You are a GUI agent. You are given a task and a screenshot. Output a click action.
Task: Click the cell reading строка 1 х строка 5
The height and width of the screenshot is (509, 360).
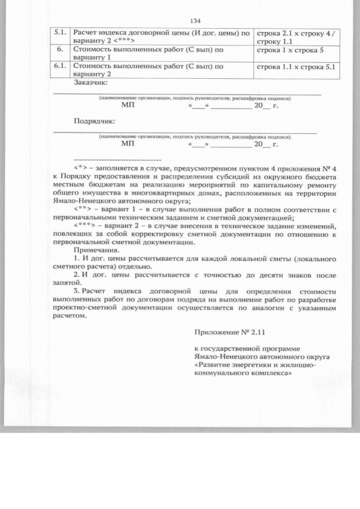288,50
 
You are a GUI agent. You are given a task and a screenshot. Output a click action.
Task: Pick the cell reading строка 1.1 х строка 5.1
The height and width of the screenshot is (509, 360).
295,66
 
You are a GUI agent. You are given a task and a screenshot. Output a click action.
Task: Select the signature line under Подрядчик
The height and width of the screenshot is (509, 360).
186,133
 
